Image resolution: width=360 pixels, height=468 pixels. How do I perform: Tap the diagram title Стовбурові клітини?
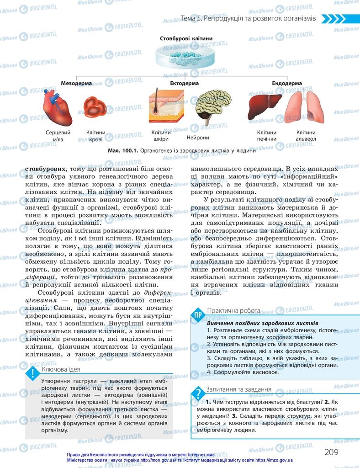186,39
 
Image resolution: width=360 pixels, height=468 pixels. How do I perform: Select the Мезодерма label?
76,84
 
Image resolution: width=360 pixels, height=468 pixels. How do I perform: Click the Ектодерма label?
185,84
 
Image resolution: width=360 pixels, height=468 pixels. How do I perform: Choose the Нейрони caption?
198,138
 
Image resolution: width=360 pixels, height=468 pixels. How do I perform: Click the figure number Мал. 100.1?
122,149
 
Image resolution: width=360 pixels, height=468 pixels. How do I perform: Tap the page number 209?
331,452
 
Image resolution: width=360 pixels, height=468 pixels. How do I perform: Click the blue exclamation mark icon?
32,373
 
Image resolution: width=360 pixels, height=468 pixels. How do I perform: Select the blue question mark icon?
198,393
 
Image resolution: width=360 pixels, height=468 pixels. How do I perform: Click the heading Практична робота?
233,310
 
